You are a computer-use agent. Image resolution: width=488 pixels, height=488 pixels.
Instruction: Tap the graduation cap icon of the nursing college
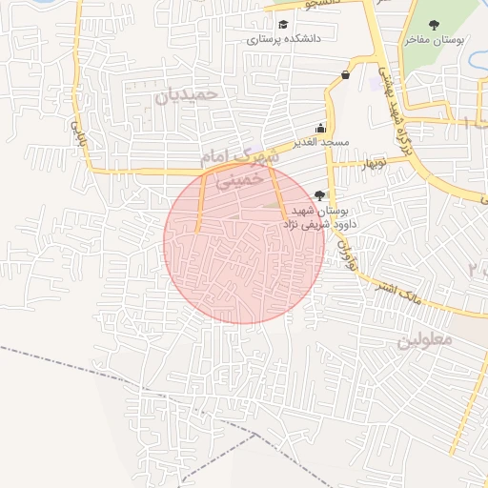(x=282, y=25)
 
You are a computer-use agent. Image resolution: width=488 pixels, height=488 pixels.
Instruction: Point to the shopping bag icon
(x=344, y=74)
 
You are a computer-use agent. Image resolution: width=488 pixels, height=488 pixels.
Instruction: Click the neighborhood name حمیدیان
(x=187, y=95)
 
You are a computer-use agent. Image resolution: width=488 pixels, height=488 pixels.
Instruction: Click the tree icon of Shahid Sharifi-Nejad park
(x=318, y=194)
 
